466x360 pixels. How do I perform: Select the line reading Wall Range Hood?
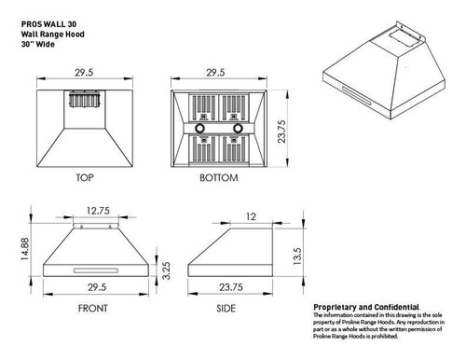[x=53, y=20]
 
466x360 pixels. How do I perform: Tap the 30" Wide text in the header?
[x=41, y=31]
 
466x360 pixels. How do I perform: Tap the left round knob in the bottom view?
[x=200, y=126]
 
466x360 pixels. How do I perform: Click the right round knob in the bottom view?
[x=240, y=126]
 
